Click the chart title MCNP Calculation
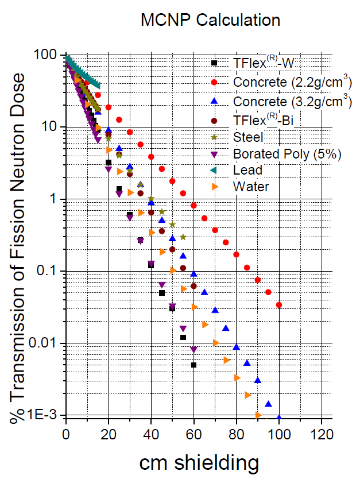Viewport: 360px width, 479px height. coord(211,20)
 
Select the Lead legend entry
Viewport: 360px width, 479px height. coord(247,170)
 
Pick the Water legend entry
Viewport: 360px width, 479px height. coord(250,187)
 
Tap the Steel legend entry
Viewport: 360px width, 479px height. coord(248,137)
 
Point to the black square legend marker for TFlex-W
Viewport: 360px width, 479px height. coord(214,63)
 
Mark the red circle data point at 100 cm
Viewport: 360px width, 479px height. coord(279,305)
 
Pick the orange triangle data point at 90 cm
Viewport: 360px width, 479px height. coord(258,415)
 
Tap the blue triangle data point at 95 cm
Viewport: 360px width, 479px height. coord(269,404)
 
